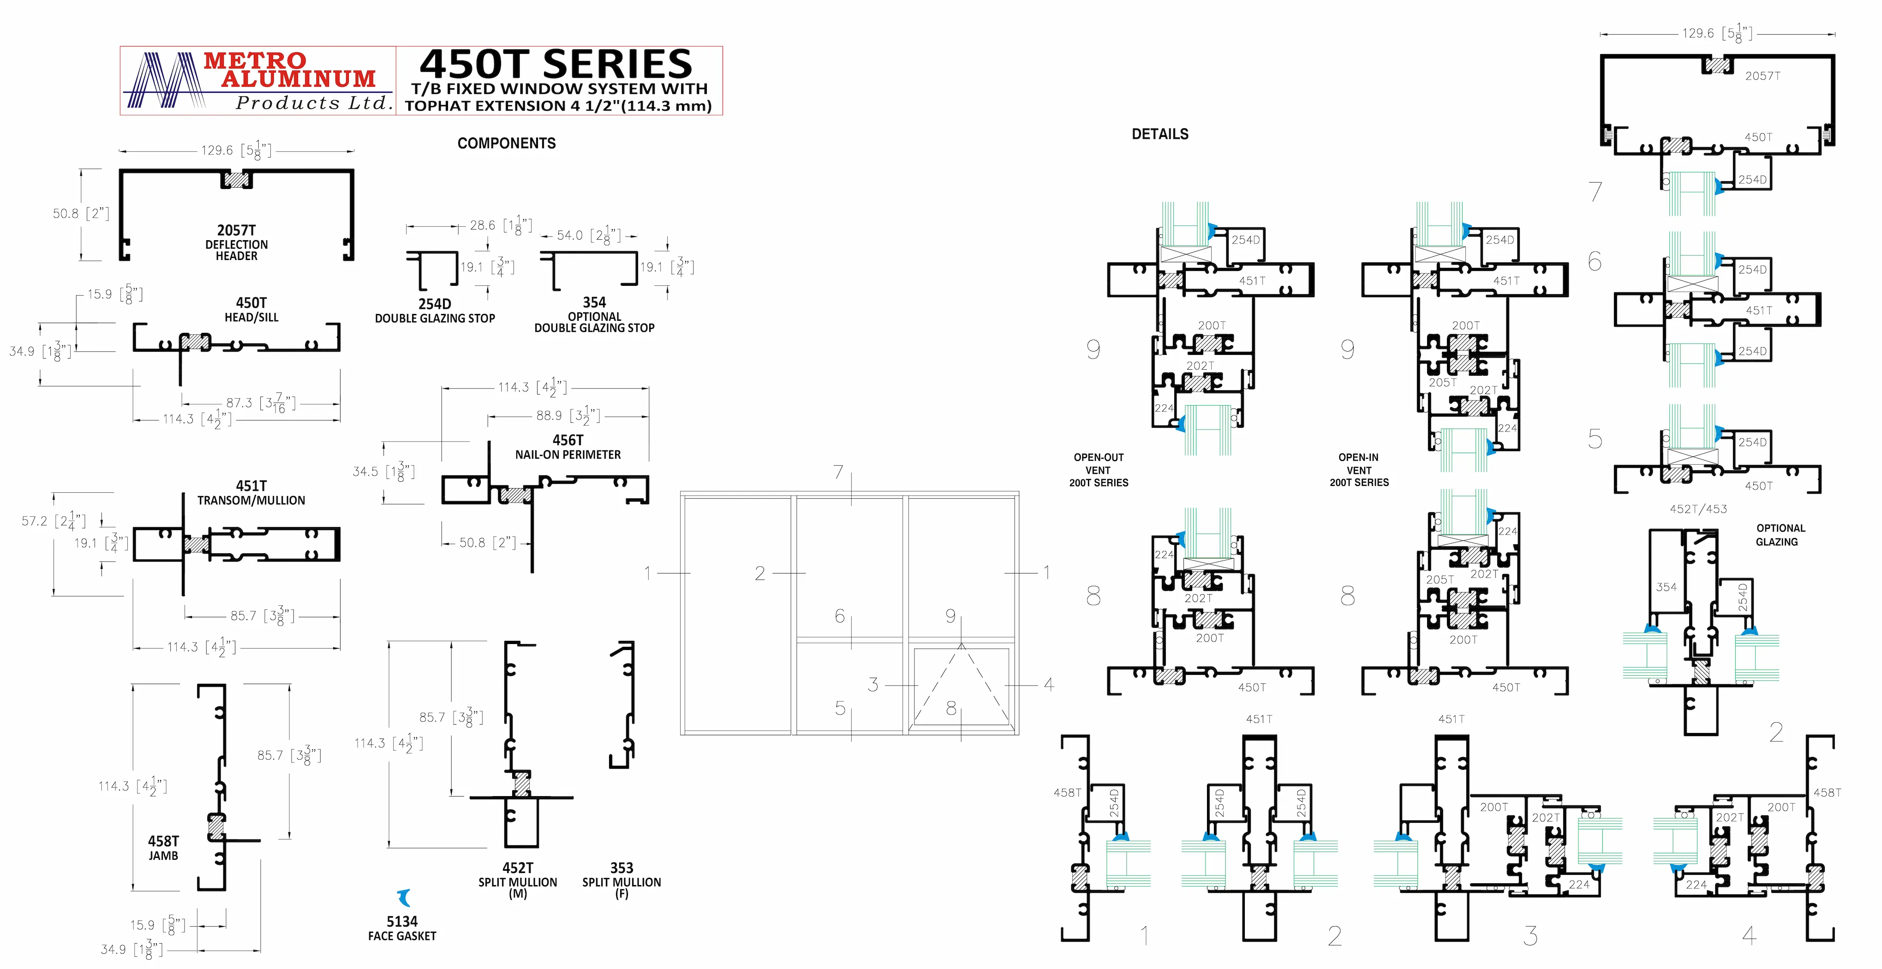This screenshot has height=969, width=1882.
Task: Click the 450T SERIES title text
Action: pyautogui.click(x=556, y=64)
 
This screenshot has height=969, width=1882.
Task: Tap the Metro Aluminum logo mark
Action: pyautogui.click(x=166, y=80)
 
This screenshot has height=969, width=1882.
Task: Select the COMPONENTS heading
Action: pyautogui.click(x=506, y=143)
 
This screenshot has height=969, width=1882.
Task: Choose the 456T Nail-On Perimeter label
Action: pyautogui.click(x=568, y=446)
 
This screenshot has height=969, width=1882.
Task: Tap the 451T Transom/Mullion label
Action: pyautogui.click(x=251, y=492)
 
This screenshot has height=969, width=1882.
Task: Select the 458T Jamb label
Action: pyautogui.click(x=164, y=848)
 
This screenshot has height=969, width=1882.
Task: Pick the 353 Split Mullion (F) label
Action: pyautogui.click(x=622, y=879)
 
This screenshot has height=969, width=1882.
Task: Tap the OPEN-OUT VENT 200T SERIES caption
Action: pyautogui.click(x=1099, y=470)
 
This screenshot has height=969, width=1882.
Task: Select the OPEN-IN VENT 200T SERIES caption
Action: pyautogui.click(x=1359, y=470)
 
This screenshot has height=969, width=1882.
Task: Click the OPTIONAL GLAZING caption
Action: pyautogui.click(x=1780, y=535)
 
